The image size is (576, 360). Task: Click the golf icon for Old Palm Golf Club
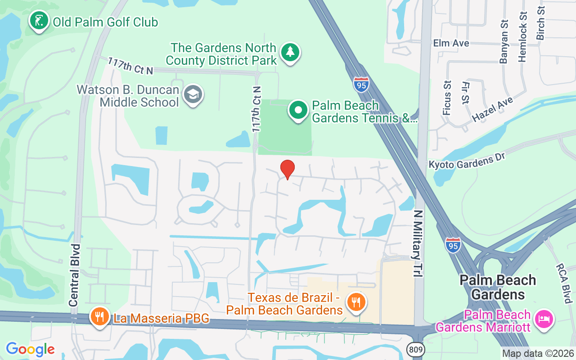[39, 21]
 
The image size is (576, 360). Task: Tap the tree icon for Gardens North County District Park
[290, 53]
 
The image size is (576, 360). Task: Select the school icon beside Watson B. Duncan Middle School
[193, 94]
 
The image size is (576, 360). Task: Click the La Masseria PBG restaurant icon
[99, 317]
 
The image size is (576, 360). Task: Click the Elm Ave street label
[451, 43]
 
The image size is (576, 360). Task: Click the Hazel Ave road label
[492, 109]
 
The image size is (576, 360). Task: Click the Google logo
[30, 349]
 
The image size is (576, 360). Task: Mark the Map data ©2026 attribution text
[538, 353]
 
